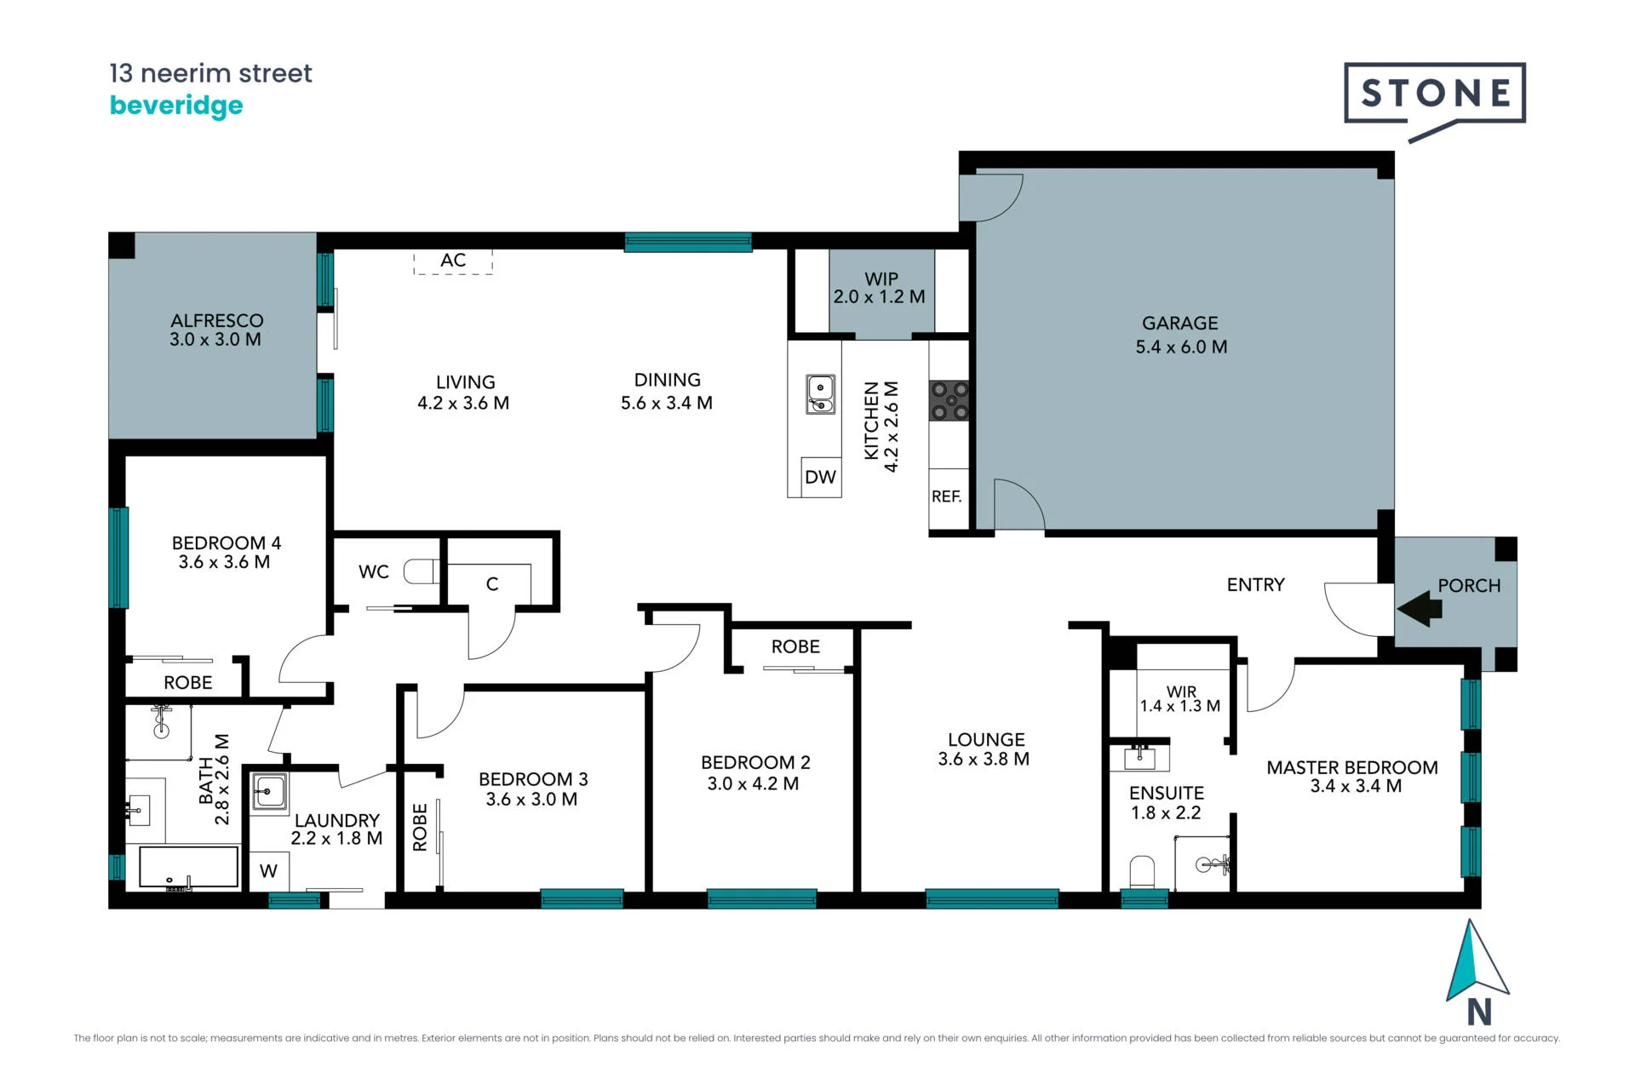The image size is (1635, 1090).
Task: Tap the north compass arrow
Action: click(x=1477, y=962)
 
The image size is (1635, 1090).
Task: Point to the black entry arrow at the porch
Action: click(x=1419, y=609)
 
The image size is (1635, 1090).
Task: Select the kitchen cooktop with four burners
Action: click(x=949, y=400)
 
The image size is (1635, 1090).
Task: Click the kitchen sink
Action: click(x=820, y=395)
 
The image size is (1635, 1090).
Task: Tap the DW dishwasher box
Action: click(x=821, y=477)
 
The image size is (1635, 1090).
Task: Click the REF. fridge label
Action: click(x=947, y=496)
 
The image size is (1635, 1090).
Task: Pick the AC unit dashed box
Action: click(x=453, y=261)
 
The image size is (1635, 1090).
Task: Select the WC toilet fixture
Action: click(x=422, y=571)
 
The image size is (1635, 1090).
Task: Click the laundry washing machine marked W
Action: click(x=268, y=871)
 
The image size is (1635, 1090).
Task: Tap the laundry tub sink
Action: click(x=270, y=793)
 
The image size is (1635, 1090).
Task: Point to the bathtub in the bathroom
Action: click(x=188, y=868)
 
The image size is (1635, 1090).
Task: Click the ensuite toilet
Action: click(x=1142, y=873)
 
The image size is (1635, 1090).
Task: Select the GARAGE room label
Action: click(x=1180, y=324)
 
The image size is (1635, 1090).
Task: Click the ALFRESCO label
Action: click(x=217, y=321)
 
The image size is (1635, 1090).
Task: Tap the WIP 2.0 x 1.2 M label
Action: click(x=880, y=289)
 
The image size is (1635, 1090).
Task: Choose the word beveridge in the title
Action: click(x=176, y=106)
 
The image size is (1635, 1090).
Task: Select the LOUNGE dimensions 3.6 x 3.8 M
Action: click(x=984, y=760)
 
